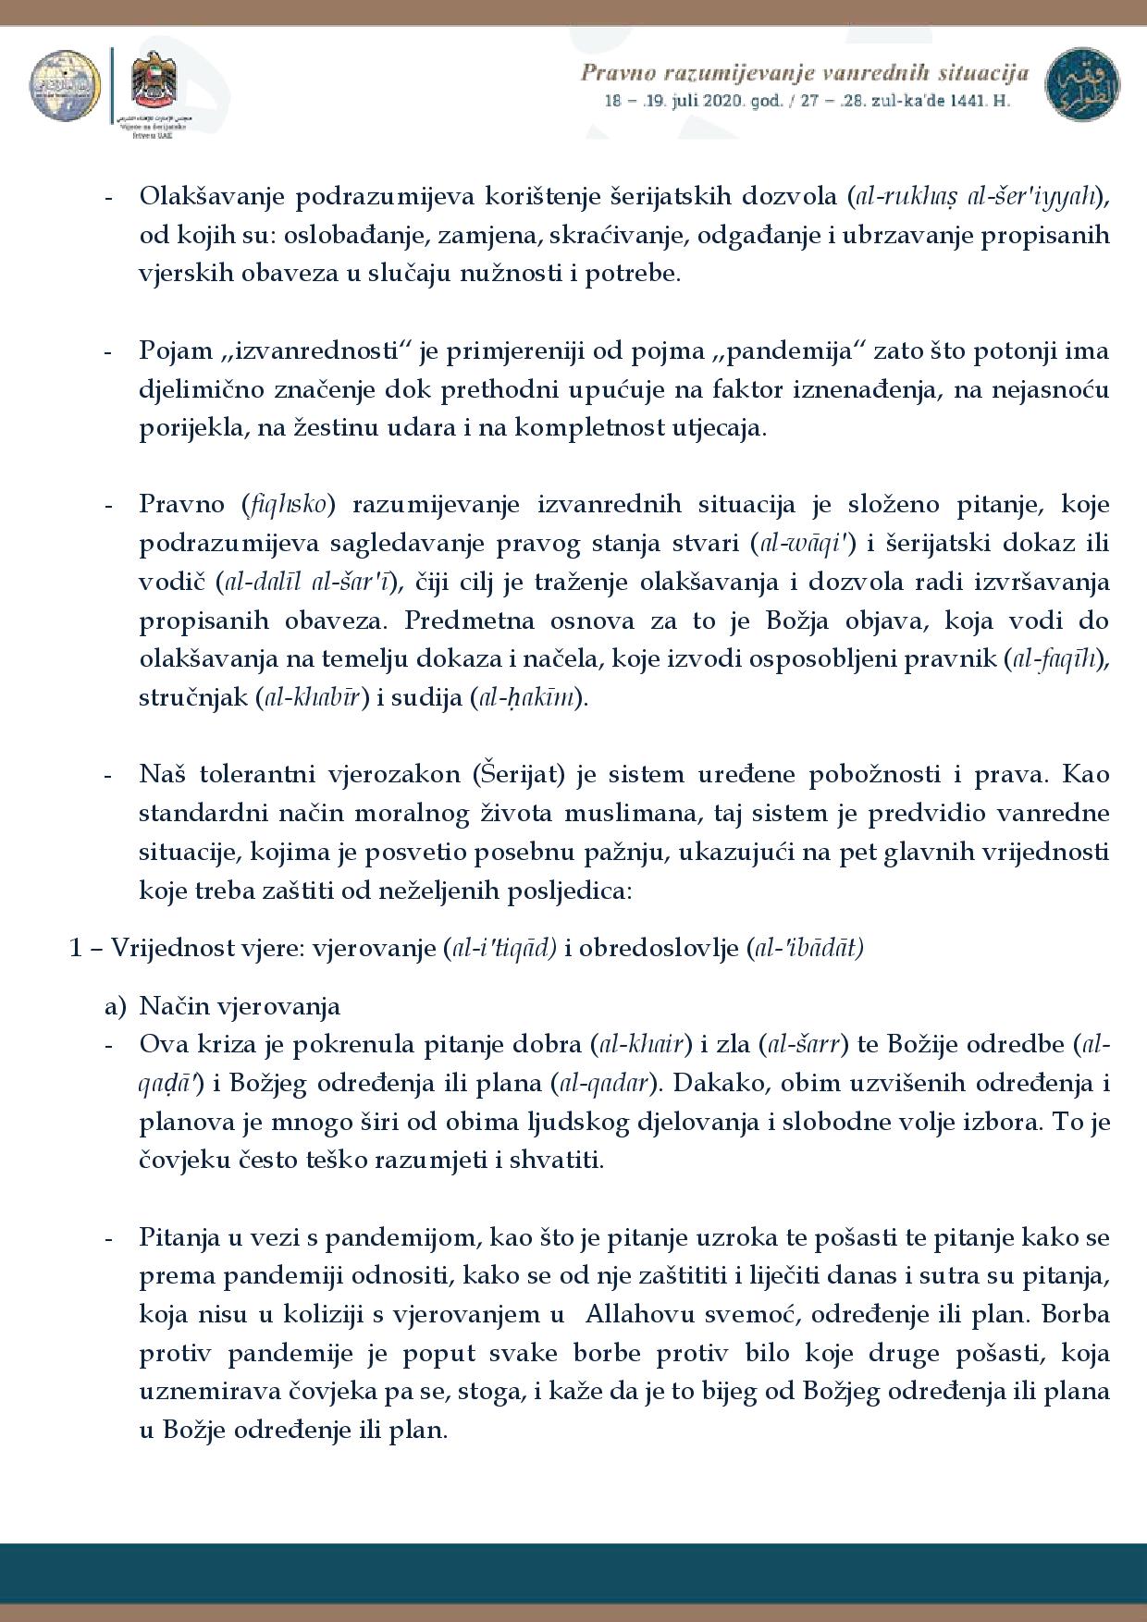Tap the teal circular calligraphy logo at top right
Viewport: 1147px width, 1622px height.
coord(1081,81)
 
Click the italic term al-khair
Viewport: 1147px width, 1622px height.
coord(641,1045)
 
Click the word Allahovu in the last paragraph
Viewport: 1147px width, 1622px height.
coord(635,1314)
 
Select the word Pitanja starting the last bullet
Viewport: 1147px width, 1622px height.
coord(180,1236)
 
